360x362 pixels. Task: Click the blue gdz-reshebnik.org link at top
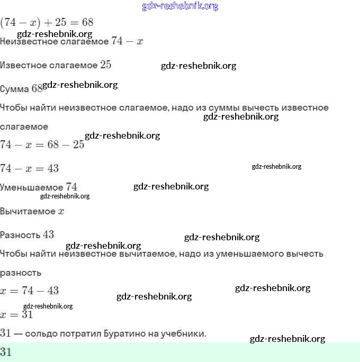pos(180,6)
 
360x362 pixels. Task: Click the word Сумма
pos(14,89)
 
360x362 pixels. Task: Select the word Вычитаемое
pos(28,211)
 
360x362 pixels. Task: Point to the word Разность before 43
pos(20,235)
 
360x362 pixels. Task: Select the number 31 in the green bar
pos(6,352)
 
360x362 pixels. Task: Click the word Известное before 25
pos(23,65)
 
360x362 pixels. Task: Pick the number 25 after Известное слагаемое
pos(106,65)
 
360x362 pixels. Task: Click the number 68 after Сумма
pos(37,88)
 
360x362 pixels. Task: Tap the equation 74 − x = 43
pos(29,168)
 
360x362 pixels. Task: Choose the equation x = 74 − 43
pos(29,291)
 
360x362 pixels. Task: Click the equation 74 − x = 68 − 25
pos(42,144)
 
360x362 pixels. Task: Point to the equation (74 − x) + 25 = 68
pos(47,23)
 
